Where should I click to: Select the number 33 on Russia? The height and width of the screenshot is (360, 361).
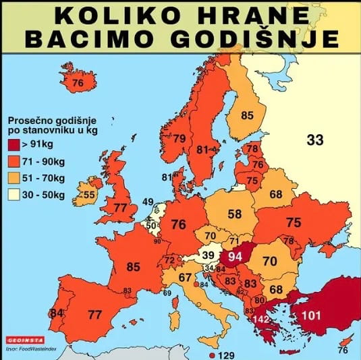315,140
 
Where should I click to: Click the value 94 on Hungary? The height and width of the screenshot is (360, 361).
235,256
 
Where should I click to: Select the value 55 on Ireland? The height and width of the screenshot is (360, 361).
89,196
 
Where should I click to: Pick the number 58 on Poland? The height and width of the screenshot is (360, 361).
234,214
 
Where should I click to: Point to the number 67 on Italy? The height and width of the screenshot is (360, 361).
186,278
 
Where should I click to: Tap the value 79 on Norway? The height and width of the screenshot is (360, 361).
179,139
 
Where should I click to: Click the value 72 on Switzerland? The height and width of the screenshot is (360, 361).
169,260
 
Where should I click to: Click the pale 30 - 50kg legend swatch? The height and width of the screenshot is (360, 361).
13,196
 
